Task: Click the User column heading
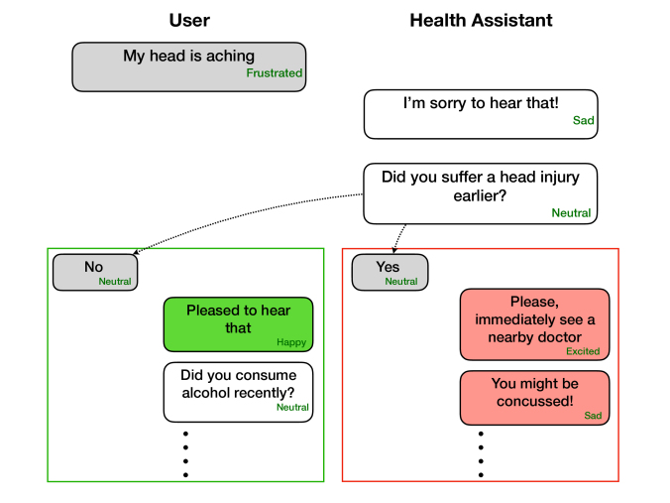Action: [189, 21]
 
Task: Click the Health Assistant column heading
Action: [481, 21]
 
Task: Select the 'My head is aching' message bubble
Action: [189, 66]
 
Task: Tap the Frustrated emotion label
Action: [274, 73]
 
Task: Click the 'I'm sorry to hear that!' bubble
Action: [481, 114]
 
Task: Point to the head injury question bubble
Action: [481, 193]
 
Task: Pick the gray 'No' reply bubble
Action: [95, 273]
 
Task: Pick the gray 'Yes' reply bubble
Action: [391, 273]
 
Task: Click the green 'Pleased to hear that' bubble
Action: [239, 324]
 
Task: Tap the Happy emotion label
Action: [291, 342]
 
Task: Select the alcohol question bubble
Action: [239, 392]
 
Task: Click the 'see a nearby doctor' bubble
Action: [534, 324]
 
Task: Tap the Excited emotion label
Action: [583, 351]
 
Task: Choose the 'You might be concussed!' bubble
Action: [534, 398]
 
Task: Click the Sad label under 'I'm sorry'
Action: [583, 120]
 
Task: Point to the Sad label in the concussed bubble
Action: [593, 416]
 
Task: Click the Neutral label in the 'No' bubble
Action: [115, 282]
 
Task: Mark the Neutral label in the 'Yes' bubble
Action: [401, 282]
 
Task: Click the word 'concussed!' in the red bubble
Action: [534, 401]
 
